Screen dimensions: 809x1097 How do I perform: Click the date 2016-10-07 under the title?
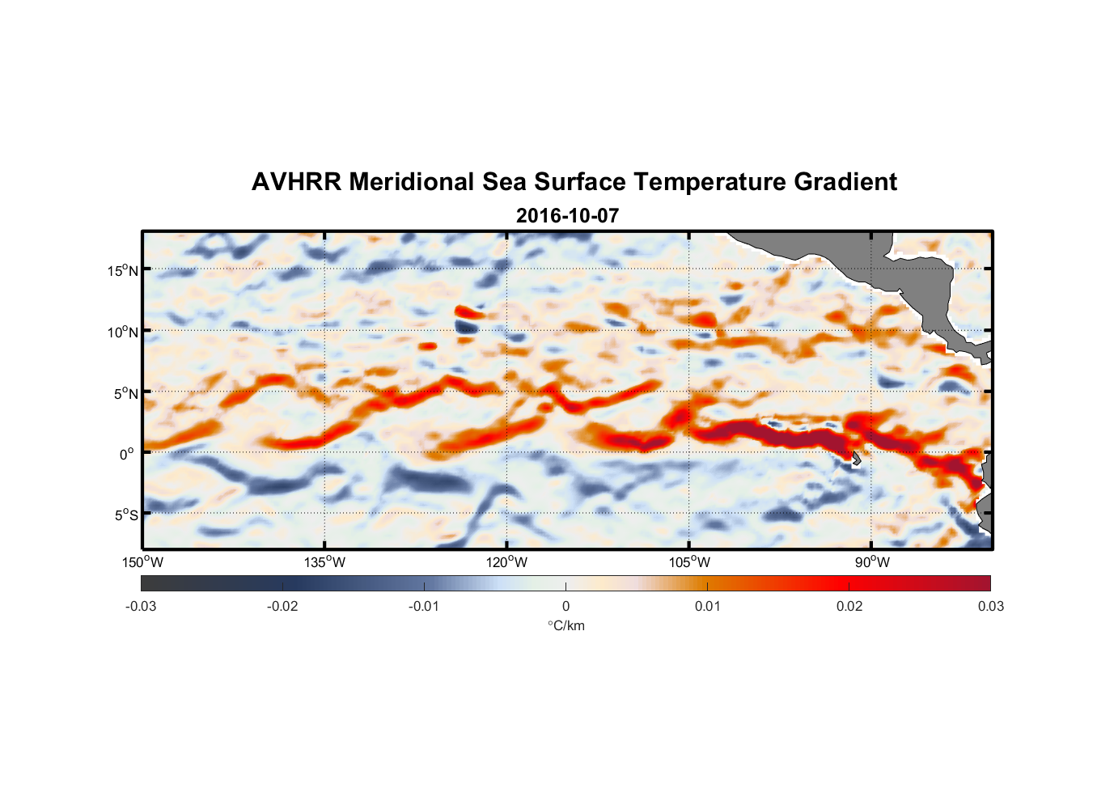567,216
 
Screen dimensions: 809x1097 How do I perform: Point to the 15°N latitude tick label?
123,270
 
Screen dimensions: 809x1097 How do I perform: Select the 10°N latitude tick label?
123,332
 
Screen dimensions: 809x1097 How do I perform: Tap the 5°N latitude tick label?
125,393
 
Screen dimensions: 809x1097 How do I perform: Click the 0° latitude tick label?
127,454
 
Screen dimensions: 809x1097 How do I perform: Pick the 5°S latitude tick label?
125,515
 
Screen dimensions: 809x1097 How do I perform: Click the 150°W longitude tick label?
142,562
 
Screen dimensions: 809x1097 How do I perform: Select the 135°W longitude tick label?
324,562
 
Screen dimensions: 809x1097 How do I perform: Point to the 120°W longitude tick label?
506,562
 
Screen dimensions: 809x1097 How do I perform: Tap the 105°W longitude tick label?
689,562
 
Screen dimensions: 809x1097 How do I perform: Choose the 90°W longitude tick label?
872,562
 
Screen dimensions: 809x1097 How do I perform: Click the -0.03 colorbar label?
141,606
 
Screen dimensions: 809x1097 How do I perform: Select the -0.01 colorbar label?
424,606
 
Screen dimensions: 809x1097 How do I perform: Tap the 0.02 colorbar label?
849,606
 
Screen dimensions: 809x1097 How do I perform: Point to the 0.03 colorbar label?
990,606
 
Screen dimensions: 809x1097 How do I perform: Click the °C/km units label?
565,625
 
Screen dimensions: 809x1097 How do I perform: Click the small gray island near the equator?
855,458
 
